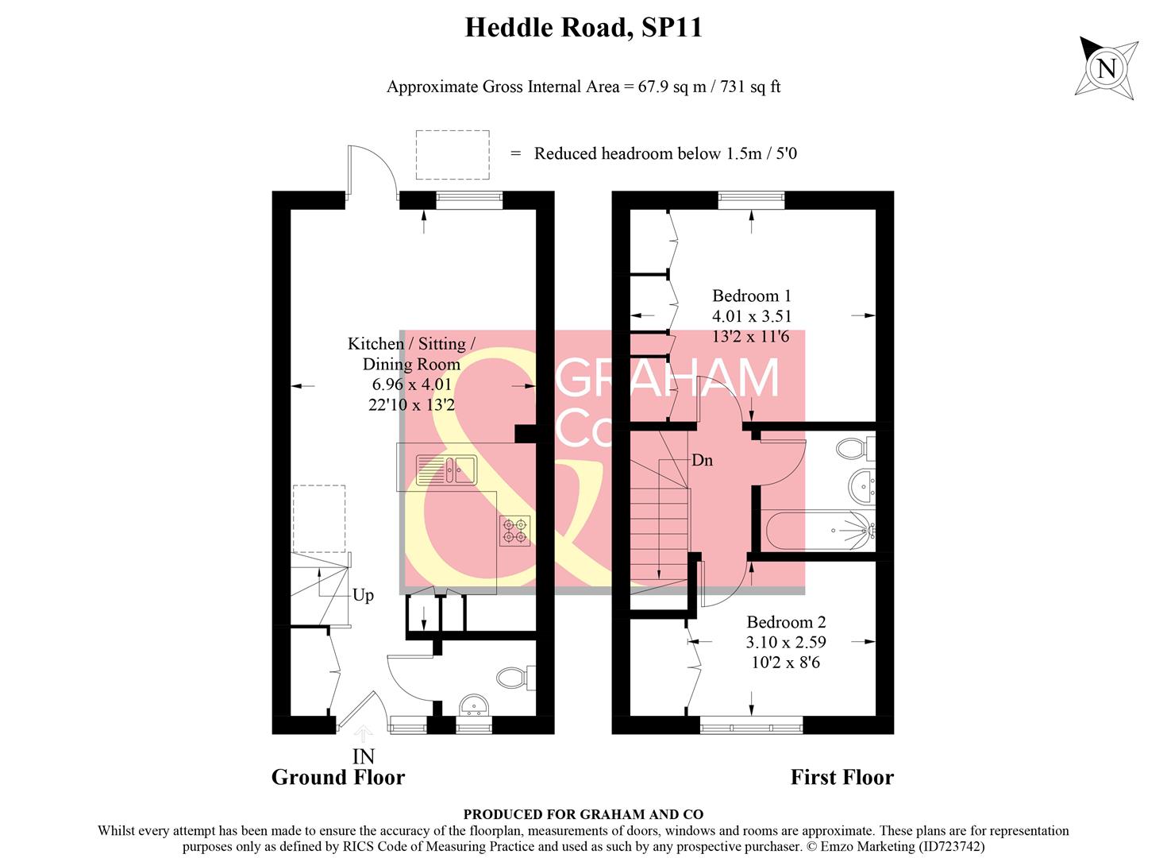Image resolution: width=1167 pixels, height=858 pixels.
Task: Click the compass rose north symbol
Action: pyautogui.click(x=1107, y=68)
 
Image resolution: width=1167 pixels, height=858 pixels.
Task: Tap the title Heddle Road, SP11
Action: pyautogui.click(x=583, y=28)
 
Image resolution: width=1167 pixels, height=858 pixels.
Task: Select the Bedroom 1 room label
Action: pyautogui.click(x=751, y=296)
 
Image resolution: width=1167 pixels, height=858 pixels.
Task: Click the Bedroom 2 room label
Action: pyautogui.click(x=785, y=622)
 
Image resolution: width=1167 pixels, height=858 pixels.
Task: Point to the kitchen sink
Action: pyautogui.click(x=445, y=470)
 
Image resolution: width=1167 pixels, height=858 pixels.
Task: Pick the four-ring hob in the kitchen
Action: pyautogui.click(x=514, y=531)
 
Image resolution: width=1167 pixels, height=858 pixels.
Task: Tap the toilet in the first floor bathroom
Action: pyautogui.click(x=854, y=449)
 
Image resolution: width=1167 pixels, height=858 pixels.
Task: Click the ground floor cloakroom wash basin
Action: pyautogui.click(x=474, y=704)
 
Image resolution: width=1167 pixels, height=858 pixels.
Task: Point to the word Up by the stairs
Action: pyautogui.click(x=363, y=595)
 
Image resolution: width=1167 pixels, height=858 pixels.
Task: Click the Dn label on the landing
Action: pyautogui.click(x=702, y=460)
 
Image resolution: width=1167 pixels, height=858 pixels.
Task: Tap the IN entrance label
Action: pyautogui.click(x=363, y=756)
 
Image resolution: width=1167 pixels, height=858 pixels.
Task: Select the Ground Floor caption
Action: pyautogui.click(x=337, y=777)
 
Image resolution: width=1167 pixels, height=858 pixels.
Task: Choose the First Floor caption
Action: pyautogui.click(x=842, y=777)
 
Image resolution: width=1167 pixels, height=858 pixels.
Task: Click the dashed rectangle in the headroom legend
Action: pyautogui.click(x=453, y=155)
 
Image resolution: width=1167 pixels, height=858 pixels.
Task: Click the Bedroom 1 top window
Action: pyautogui.click(x=751, y=200)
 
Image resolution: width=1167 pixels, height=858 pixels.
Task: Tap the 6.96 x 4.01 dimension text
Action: pyautogui.click(x=411, y=385)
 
